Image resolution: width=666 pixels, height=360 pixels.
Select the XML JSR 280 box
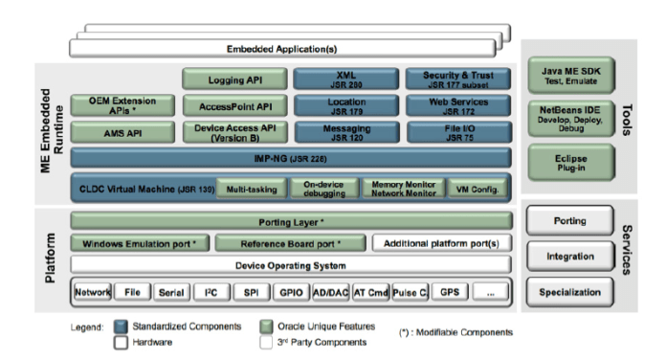[x=342, y=79]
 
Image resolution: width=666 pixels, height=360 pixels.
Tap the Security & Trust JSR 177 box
[x=453, y=79]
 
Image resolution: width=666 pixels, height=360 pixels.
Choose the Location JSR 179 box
[x=342, y=105]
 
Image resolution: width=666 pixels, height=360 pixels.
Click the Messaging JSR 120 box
[x=342, y=132]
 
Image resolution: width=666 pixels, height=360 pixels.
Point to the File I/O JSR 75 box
[x=453, y=132]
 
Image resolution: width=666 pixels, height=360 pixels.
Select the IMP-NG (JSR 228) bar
[x=286, y=157]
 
